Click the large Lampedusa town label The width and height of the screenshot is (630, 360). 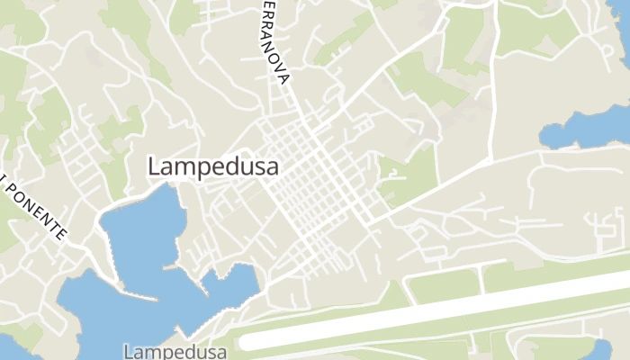click(x=212, y=167)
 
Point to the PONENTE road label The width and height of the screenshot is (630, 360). click(x=37, y=209)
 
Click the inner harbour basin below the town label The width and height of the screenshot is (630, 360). click(x=144, y=229)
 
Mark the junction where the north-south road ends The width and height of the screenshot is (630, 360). click(x=490, y=159)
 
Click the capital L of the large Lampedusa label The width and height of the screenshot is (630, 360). click(x=154, y=167)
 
